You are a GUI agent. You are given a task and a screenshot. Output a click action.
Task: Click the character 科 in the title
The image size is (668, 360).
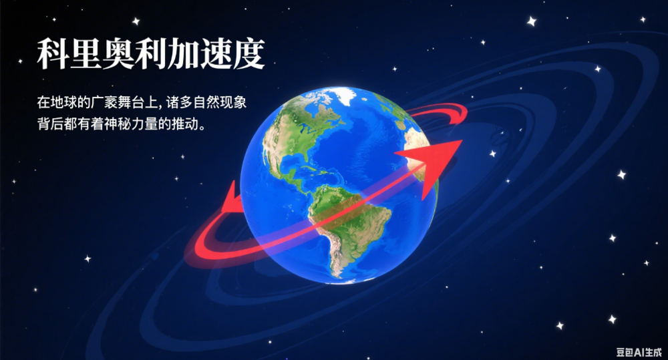click(x=53, y=54)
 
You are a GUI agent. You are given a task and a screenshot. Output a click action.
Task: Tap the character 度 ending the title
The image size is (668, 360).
click(x=248, y=54)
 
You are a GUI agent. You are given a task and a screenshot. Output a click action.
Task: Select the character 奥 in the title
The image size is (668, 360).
click(x=118, y=54)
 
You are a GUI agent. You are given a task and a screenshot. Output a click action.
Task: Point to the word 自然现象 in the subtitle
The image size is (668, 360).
click(x=220, y=102)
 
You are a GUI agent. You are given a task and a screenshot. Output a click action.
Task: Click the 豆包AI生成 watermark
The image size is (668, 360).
click(x=639, y=353)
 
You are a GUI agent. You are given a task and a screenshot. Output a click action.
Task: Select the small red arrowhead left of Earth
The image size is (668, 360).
click(x=232, y=198)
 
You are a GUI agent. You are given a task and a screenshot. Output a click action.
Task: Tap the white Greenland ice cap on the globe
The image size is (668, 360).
click(x=344, y=96)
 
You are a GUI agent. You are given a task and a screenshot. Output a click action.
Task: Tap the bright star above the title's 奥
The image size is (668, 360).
click(x=136, y=21)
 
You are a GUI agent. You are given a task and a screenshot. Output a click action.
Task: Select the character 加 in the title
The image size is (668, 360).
click(x=183, y=54)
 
